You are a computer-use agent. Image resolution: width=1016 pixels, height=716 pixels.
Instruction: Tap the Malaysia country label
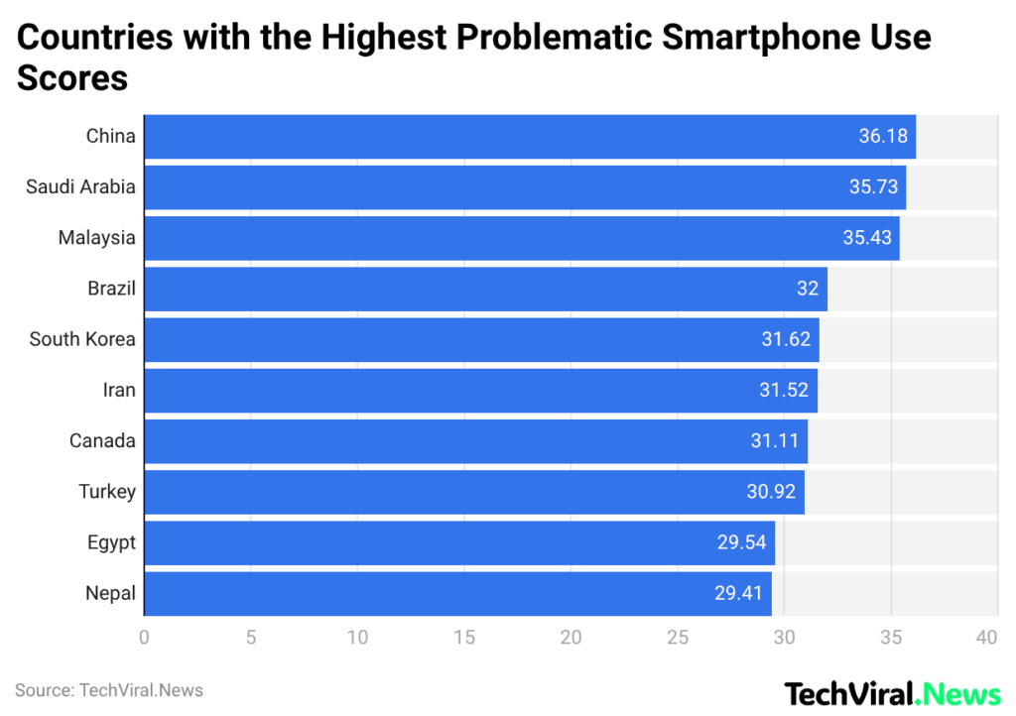click(x=96, y=238)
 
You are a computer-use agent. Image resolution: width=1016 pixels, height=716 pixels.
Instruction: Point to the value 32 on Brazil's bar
click(x=808, y=289)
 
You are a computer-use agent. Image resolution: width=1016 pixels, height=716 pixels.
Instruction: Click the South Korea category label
click(x=82, y=339)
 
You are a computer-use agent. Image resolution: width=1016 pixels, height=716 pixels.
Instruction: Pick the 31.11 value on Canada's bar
click(x=774, y=440)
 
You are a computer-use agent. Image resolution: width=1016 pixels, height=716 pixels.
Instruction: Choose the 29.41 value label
click(x=739, y=593)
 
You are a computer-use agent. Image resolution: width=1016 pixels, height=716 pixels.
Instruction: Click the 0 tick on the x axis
click(x=145, y=638)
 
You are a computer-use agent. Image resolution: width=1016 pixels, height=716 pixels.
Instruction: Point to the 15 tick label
click(x=464, y=638)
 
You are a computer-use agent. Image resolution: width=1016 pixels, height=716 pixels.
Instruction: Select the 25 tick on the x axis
click(x=678, y=638)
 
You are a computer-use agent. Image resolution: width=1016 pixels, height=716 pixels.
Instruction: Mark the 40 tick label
click(x=986, y=638)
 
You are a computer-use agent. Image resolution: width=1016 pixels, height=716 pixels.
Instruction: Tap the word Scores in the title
click(x=72, y=77)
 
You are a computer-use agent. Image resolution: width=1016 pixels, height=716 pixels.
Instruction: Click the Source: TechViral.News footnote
click(x=109, y=690)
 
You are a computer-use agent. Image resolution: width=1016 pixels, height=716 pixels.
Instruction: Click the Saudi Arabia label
click(x=80, y=186)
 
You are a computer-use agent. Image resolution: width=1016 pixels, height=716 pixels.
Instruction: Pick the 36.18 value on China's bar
click(x=883, y=136)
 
